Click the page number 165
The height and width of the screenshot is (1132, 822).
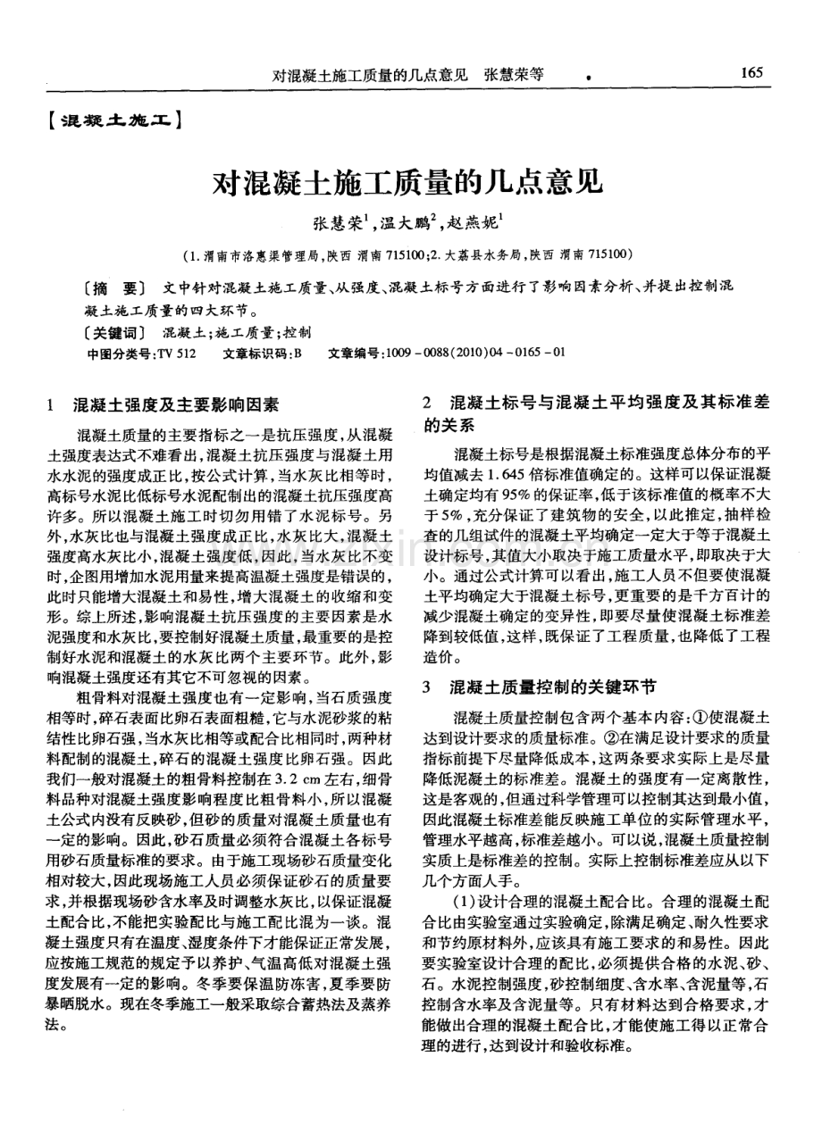pyautogui.click(x=751, y=73)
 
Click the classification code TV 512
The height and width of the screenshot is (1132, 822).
pyautogui.click(x=176, y=353)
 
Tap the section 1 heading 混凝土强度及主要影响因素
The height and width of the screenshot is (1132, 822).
pyautogui.click(x=175, y=404)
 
